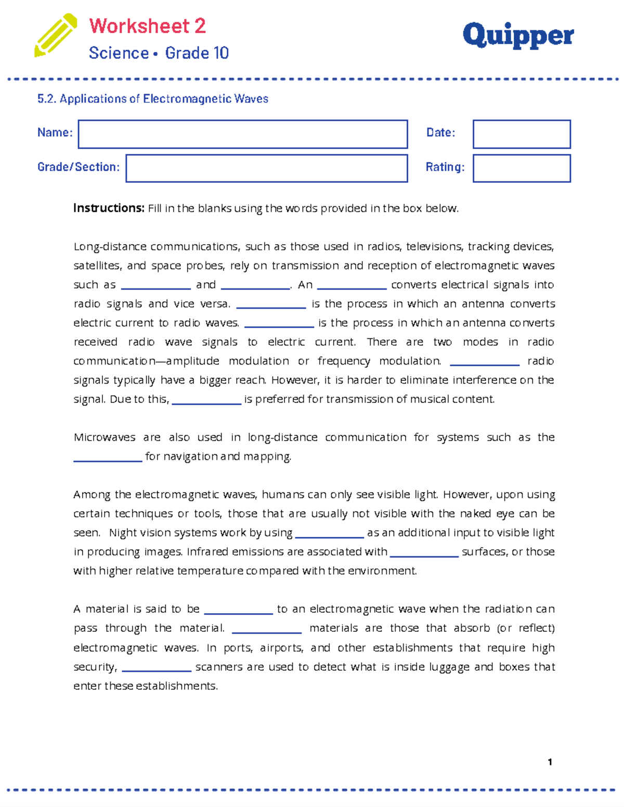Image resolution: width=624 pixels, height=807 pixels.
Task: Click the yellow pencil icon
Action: click(55, 35)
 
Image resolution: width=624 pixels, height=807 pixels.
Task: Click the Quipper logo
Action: click(518, 35)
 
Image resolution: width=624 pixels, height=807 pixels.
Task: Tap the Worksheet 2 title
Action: click(147, 26)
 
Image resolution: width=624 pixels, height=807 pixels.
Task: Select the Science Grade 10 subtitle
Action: click(159, 53)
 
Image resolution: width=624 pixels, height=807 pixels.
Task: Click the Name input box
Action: click(242, 134)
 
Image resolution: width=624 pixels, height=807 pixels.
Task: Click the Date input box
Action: click(522, 134)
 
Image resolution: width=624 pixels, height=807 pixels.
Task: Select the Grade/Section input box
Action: click(266, 168)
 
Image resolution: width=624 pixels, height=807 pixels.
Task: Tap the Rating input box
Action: click(522, 168)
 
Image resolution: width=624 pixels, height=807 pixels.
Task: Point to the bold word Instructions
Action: click(109, 208)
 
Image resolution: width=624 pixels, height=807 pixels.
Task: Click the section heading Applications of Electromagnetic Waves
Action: click(153, 99)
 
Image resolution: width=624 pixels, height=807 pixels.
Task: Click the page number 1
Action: click(550, 762)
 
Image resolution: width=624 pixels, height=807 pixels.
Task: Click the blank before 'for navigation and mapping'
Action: click(108, 458)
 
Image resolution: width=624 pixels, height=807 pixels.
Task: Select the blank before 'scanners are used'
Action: click(157, 668)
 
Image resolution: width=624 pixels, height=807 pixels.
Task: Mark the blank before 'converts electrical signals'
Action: click(352, 286)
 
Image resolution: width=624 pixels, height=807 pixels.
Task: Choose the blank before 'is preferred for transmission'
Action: click(206, 401)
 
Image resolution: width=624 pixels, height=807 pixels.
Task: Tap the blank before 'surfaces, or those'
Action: click(424, 553)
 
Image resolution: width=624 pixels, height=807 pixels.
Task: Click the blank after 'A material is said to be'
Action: click(238, 611)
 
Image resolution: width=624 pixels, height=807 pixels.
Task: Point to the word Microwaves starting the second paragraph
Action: click(105, 438)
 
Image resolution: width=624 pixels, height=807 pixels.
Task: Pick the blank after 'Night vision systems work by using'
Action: click(329, 534)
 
